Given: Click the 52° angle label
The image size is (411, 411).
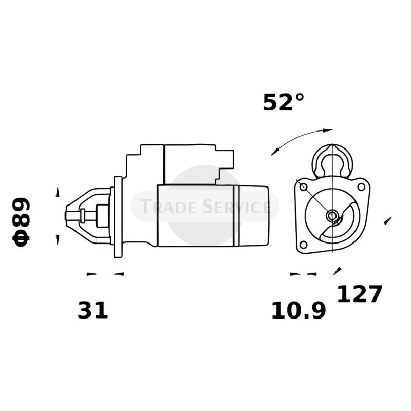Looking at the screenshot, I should point(283,102).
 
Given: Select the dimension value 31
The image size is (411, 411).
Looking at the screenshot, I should point(93,311).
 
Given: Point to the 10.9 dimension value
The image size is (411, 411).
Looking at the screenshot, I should point(298,311).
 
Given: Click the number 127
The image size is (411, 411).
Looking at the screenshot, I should point(360,294).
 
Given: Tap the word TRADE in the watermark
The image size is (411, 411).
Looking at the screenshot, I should point(164,207).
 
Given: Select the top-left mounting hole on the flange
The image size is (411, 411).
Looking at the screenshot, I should point(303,186).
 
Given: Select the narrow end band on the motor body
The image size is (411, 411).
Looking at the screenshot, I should point(237,216).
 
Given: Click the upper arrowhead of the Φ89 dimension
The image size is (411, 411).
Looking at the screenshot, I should point(58,192).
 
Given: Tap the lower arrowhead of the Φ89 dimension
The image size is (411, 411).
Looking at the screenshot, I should point(58,239).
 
